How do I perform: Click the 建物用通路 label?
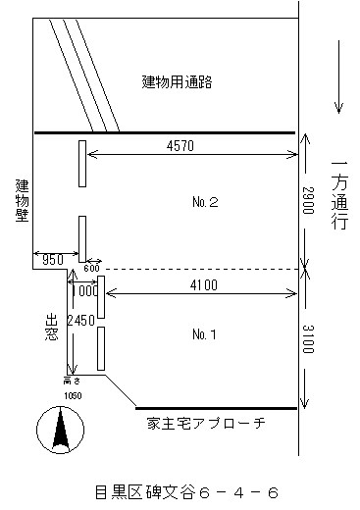(177, 82)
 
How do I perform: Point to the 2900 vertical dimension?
(308, 202)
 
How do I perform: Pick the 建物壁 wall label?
(20, 202)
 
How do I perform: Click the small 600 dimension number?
(92, 268)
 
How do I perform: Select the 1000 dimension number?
(85, 291)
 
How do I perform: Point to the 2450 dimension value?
(80, 320)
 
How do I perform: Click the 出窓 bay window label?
(53, 329)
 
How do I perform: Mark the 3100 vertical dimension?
(308, 339)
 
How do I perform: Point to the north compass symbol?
(56, 430)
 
